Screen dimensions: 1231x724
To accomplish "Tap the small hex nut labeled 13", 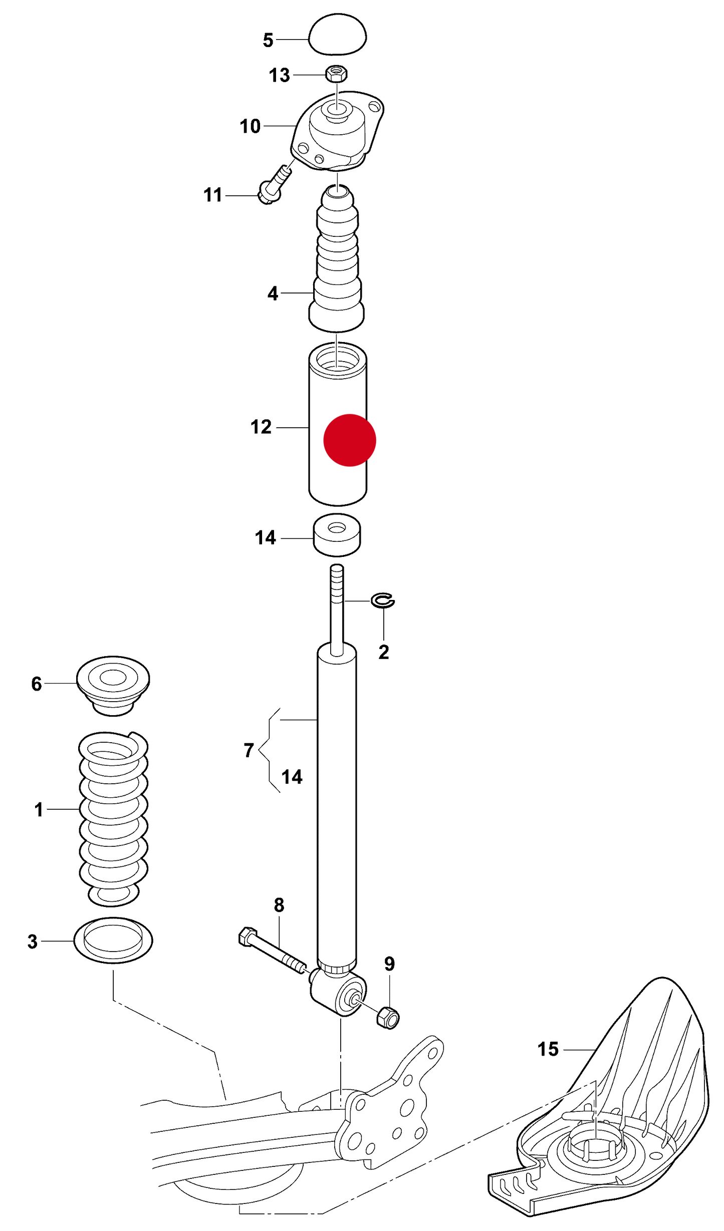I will click(x=336, y=74).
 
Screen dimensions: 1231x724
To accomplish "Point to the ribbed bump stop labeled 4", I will click(x=337, y=260).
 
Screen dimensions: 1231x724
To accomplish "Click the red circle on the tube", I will click(x=349, y=440).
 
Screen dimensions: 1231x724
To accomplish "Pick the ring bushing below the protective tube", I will click(x=337, y=535).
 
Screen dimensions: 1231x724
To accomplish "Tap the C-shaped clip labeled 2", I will click(x=383, y=600).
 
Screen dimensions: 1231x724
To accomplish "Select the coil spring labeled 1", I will click(x=113, y=816).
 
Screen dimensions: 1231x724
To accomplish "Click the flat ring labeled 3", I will click(x=113, y=941).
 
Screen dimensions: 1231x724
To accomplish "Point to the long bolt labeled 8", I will click(x=271, y=948).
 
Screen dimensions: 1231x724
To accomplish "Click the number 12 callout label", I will click(x=261, y=427).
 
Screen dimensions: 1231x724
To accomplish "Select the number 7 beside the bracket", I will click(x=249, y=750).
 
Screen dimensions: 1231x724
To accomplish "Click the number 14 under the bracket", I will click(x=292, y=777).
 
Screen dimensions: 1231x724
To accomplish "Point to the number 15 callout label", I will click(x=548, y=1049).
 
